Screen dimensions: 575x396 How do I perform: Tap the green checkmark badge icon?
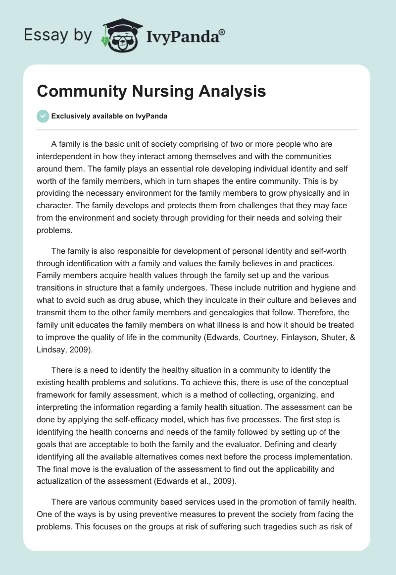pyautogui.click(x=43, y=116)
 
